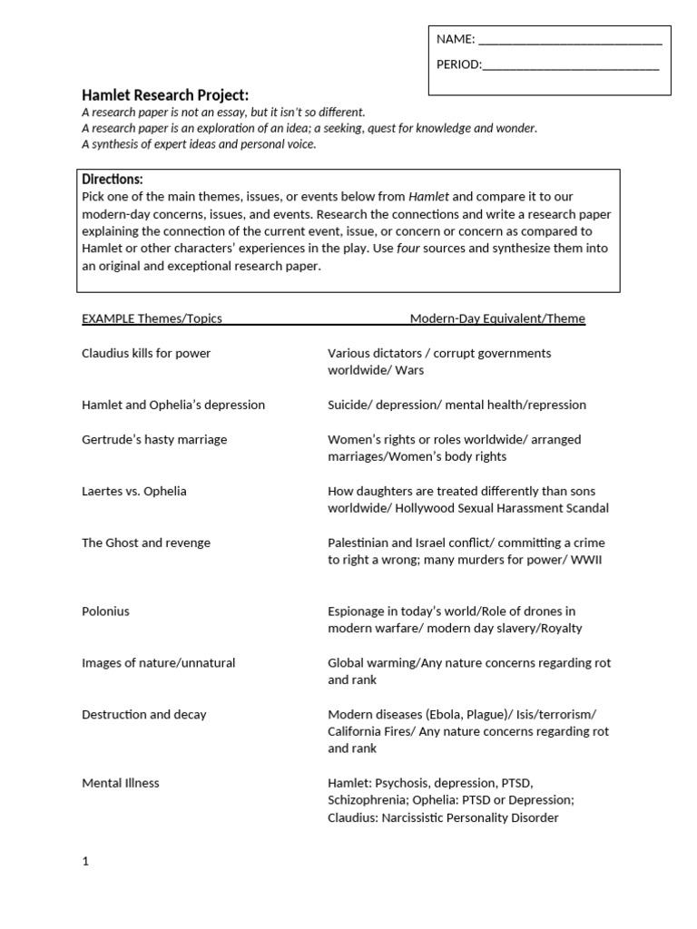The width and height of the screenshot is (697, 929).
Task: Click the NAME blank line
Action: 569,40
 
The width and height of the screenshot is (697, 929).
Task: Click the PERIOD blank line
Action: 570,65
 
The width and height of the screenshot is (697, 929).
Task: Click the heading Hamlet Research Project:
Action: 164,95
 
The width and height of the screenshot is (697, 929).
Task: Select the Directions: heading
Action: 113,180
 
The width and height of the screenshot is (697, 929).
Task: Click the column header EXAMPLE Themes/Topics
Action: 152,318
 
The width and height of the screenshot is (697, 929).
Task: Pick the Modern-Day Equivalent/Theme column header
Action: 497,318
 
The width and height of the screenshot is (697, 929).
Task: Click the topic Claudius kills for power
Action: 146,353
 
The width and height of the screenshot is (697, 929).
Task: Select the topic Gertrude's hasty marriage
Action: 154,439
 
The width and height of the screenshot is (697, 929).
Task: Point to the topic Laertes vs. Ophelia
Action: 134,491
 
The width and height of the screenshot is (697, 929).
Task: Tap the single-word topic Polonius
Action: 105,611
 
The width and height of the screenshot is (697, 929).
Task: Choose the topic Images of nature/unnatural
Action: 158,663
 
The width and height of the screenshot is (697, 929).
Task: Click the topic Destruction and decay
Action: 144,715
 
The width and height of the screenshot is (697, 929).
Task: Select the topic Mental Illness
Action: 121,783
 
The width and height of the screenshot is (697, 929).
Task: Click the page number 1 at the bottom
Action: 85,862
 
